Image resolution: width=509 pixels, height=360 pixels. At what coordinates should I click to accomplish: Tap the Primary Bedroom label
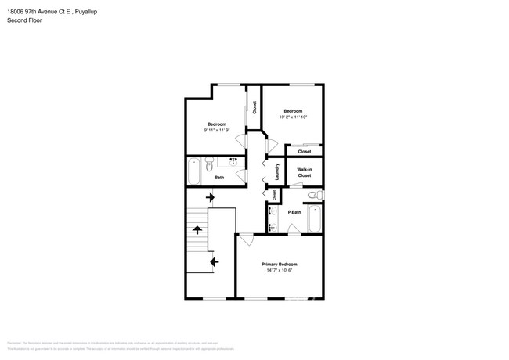279,265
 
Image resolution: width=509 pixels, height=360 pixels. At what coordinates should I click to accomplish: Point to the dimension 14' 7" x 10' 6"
279,271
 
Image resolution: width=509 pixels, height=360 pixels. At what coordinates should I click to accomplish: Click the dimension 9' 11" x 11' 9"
216,131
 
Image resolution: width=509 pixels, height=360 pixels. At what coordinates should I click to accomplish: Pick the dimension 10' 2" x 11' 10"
293,117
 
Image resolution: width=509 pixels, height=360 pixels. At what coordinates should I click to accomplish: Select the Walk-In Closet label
304,172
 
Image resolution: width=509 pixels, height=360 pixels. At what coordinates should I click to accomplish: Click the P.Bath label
294,212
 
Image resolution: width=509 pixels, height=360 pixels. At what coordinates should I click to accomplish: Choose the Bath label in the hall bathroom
219,178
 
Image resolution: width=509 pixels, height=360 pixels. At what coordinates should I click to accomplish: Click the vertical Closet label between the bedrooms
254,109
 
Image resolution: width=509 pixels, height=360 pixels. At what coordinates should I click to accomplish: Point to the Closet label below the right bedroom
304,151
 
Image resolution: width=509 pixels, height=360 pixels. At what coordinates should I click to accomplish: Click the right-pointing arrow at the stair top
210,200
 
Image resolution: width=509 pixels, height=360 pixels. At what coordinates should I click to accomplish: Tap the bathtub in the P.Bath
314,218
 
